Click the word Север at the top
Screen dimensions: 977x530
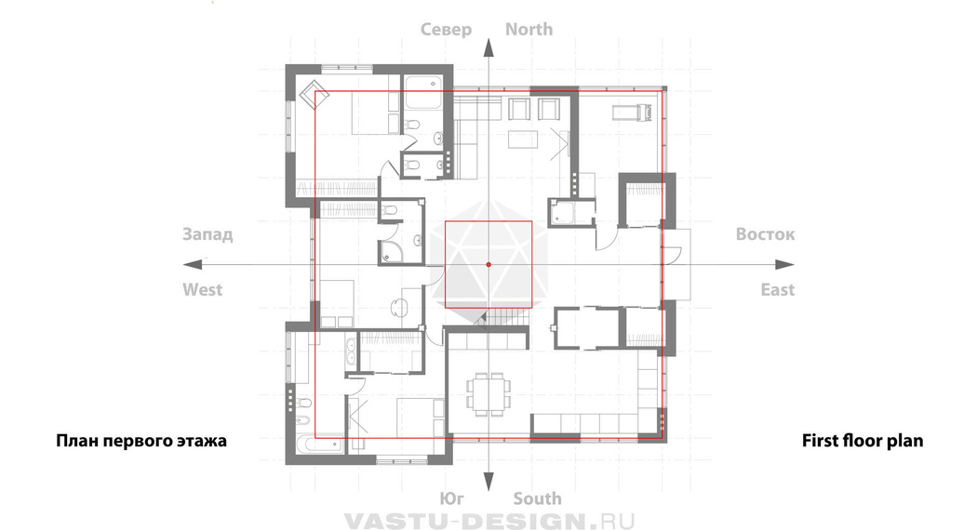(446, 30)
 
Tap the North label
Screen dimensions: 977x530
(529, 29)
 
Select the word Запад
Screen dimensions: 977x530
(207, 235)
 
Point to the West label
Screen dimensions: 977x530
(203, 289)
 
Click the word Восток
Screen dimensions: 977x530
(765, 234)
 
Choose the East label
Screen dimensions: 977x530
(778, 289)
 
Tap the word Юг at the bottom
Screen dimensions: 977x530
(451, 499)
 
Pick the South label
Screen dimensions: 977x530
(537, 499)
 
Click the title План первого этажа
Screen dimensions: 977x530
(141, 441)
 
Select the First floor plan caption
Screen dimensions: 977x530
(863, 441)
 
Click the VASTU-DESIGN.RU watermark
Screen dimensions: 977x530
(489, 521)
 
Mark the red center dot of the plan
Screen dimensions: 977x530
(488, 265)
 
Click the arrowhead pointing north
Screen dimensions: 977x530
(488, 47)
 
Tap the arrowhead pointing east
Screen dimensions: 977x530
(784, 265)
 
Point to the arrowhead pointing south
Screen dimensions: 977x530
(488, 482)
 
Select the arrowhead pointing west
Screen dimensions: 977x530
(194, 265)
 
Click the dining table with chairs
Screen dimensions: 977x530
(489, 394)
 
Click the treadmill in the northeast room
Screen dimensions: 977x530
(632, 113)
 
